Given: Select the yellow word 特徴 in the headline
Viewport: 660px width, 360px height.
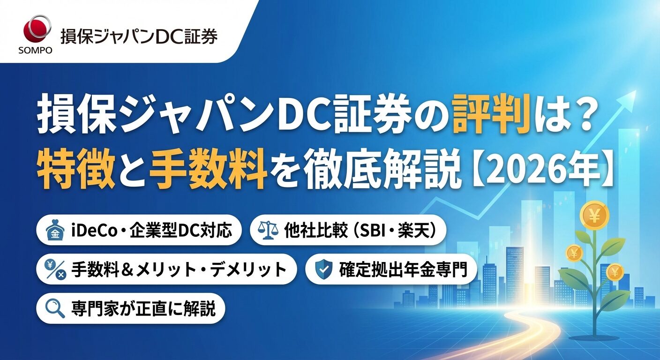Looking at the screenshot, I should pyautogui.click(x=77, y=171).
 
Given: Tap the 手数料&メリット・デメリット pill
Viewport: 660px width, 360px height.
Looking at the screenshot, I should pyautogui.click(x=166, y=270).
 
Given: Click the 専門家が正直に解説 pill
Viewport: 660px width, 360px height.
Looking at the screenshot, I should pyautogui.click(x=131, y=309).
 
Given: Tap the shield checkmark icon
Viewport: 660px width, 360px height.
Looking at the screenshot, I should pyautogui.click(x=322, y=270).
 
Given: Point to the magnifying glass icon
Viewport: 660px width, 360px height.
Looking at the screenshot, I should pyautogui.click(x=55, y=309).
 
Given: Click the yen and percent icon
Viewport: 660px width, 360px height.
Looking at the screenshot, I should pyautogui.click(x=55, y=270).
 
